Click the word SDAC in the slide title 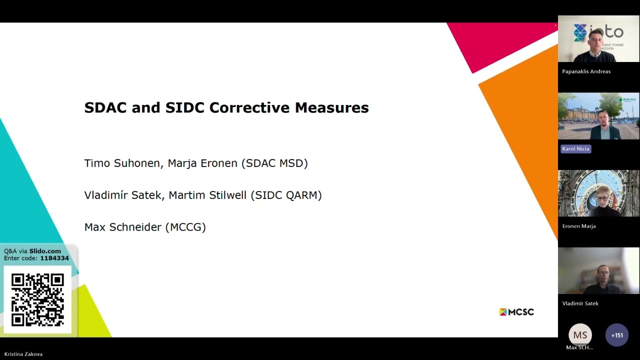coord(105,108)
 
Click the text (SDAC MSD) coord(274,163)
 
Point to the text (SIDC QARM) coord(288,195)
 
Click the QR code coord(37,299)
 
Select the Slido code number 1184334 coord(54,258)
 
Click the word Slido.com coord(45,251)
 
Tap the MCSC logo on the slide coord(516,312)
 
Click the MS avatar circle coord(580,335)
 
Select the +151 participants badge coord(617,335)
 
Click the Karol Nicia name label coord(576,148)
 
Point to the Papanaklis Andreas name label coord(586,71)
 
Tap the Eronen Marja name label coord(578,226)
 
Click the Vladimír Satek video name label coord(580,303)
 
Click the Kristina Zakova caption coord(23,354)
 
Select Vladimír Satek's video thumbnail coord(598,271)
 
